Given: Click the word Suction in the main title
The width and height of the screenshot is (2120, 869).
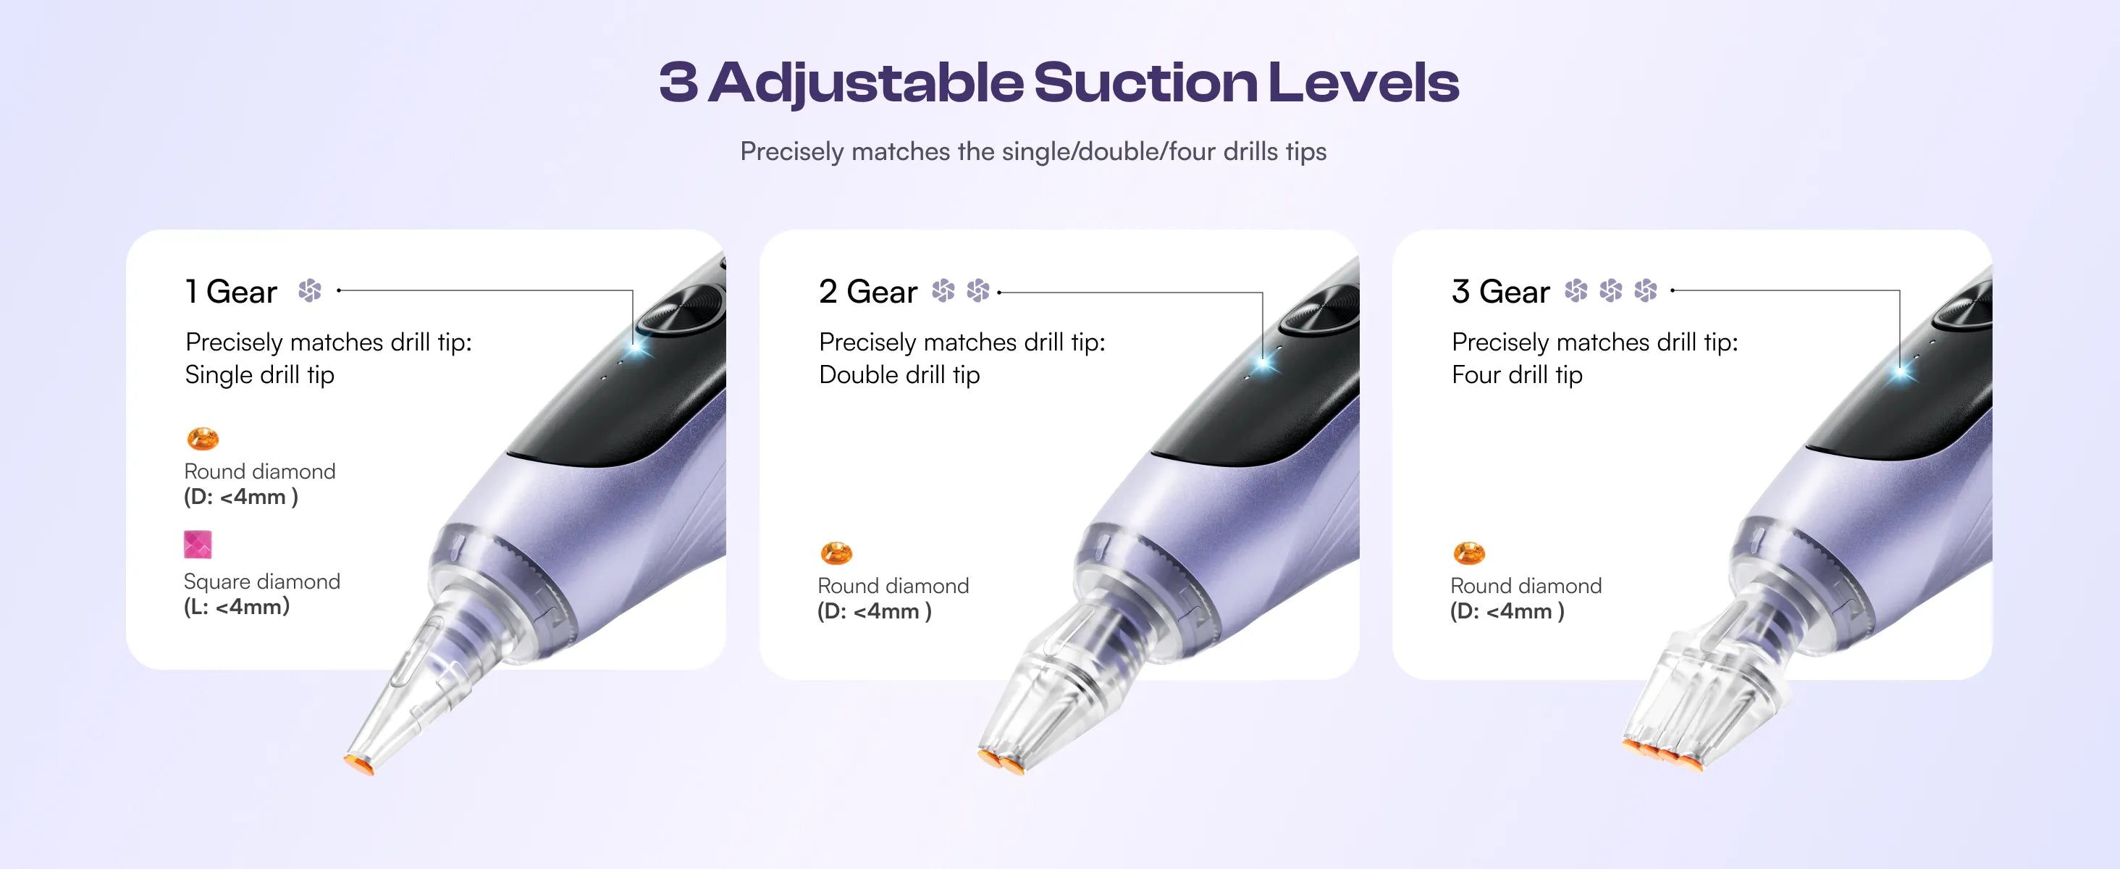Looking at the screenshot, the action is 1145,83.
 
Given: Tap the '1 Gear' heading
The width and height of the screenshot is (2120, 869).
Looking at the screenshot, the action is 231,292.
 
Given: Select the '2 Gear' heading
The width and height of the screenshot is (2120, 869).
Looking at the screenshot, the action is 868,292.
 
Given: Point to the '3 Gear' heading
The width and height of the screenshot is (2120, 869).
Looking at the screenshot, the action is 1500,292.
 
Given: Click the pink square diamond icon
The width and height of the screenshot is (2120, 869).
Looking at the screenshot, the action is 198,544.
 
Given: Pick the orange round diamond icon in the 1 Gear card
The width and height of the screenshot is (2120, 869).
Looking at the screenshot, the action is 203,439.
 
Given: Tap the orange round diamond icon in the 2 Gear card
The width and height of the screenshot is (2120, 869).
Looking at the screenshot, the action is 836,553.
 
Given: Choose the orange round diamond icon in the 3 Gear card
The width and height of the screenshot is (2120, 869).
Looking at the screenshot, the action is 1469,553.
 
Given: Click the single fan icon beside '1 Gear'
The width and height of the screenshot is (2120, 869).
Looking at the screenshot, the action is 309,290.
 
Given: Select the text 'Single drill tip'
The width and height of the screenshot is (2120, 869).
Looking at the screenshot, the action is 259,375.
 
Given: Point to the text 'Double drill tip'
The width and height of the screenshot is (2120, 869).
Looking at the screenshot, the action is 899,375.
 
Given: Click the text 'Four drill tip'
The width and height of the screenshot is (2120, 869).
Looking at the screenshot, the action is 1517,375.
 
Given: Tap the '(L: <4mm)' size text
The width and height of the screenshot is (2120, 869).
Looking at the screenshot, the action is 236,608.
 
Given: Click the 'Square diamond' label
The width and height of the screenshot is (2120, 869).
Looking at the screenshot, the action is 261,582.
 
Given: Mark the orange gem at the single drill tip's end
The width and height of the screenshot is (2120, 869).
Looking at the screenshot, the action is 359,765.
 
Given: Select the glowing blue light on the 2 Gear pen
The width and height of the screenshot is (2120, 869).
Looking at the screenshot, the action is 1265,363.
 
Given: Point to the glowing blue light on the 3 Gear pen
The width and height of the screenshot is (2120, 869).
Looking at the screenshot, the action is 1901,372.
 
